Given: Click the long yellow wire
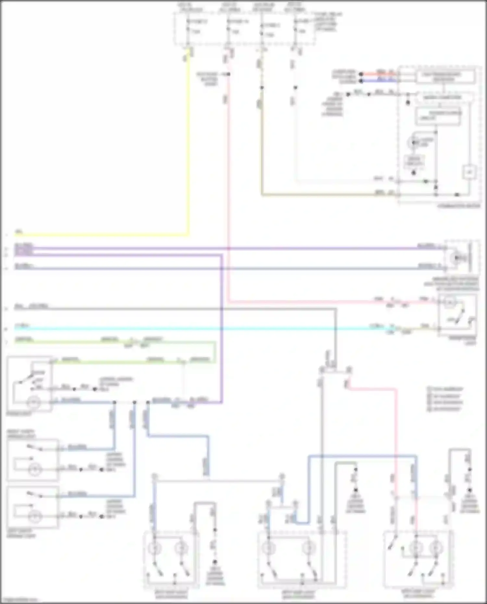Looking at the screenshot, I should (x=188, y=146).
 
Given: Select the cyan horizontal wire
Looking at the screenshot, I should (x=195, y=328).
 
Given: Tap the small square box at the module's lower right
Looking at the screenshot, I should (x=469, y=172).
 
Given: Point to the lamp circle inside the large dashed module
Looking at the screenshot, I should (x=414, y=142).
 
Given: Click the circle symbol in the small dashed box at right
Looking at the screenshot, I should (x=455, y=258).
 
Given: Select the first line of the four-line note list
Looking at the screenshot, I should (x=445, y=389).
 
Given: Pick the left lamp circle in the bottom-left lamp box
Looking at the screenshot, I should (x=155, y=548).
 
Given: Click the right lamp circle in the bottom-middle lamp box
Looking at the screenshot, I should (x=308, y=548).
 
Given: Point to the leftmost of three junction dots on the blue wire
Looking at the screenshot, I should (x=114, y=402).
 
